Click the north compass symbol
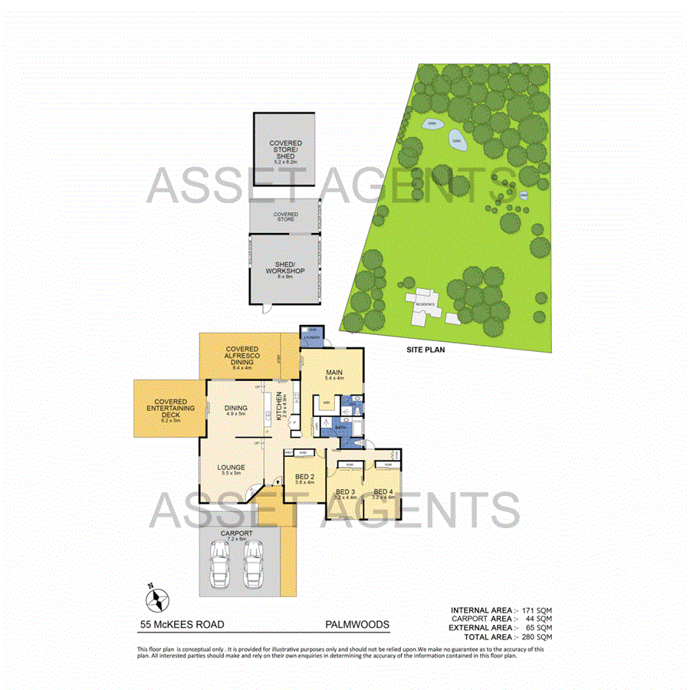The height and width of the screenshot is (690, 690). coord(156,596)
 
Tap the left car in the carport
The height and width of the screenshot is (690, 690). coord(221,566)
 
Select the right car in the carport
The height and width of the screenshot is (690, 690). coord(253,566)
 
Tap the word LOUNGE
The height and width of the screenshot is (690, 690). coord(231,467)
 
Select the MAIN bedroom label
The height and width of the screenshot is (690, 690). coord(333,373)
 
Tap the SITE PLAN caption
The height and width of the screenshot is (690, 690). coord(426,349)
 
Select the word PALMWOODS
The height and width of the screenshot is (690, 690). coord(357,625)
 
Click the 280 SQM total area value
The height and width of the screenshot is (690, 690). coord(536,637)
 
